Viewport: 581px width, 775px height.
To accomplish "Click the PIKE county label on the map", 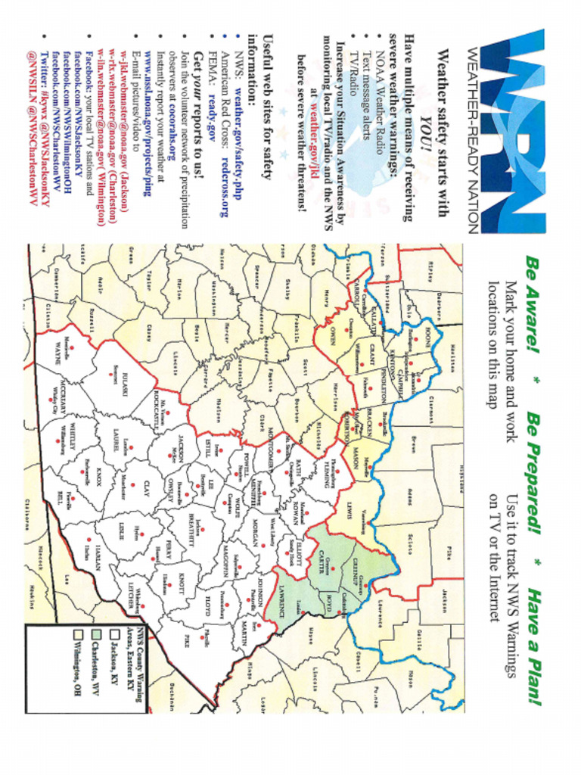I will pos(185,642).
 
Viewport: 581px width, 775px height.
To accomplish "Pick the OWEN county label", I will pos(331,336).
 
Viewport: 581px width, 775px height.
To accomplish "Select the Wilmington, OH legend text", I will pos(76,666).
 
